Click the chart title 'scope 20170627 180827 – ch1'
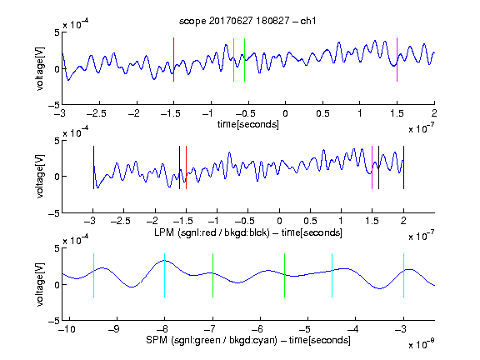tap(247, 21)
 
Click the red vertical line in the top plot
tap(173, 60)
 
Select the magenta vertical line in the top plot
tap(397, 60)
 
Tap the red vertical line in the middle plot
tap(186, 167)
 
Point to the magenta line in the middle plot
tap(372, 167)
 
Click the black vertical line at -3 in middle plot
tap(93, 167)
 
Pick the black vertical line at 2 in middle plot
tap(403, 167)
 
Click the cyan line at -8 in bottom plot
tap(164, 276)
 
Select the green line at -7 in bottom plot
tap(212, 276)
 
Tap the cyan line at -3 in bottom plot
tap(403, 276)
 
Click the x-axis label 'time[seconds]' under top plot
tap(248, 124)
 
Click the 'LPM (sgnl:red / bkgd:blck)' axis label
tap(212, 232)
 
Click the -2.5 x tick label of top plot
tap(97, 113)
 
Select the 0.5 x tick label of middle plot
tap(310, 221)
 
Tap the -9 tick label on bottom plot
tap(114, 329)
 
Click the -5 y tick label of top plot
tap(54, 105)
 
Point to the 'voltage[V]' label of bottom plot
tap(40, 285)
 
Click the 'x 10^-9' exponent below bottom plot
tap(421, 344)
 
